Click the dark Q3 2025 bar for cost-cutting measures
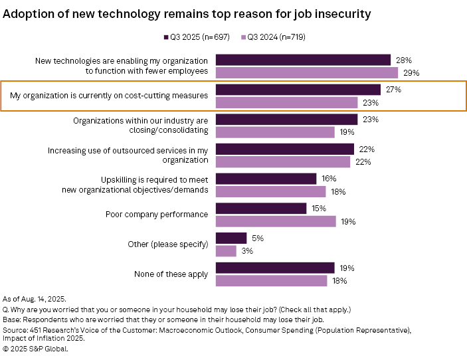coord(298,90)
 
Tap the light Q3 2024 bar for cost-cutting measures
coord(287,102)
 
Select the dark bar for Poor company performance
coord(261,209)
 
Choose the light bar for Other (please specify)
coord(226,251)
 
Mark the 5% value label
coord(257,238)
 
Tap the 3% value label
coord(247,251)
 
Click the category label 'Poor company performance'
coord(157,215)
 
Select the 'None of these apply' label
coord(171,274)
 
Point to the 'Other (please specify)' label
coord(168,244)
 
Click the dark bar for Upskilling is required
coord(266,179)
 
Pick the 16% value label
coord(328,179)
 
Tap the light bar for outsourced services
coord(283,162)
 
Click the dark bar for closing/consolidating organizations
coord(287,120)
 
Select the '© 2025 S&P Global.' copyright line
coord(36,348)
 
